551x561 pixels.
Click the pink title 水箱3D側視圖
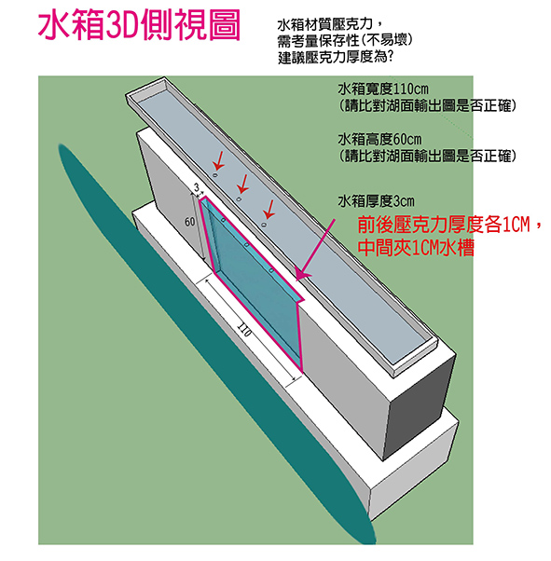pyautogui.click(x=139, y=26)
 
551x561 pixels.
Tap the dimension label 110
pyautogui.click(x=244, y=331)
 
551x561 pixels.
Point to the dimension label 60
pyautogui.click(x=190, y=222)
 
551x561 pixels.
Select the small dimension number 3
pyautogui.click(x=196, y=187)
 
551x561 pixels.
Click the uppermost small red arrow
pyautogui.click(x=218, y=160)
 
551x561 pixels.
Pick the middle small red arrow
pyautogui.click(x=242, y=184)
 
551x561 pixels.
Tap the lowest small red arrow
pyautogui.click(x=269, y=210)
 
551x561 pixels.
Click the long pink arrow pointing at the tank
pyautogui.click(x=315, y=250)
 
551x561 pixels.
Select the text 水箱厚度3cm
pyautogui.click(x=376, y=201)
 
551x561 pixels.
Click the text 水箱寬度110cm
pyautogui.click(x=383, y=89)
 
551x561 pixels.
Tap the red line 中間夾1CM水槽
pyautogui.click(x=416, y=248)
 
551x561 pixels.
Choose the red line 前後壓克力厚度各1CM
pyautogui.click(x=444, y=225)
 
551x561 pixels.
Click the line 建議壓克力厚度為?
pyautogui.click(x=336, y=58)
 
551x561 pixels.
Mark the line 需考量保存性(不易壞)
pyautogui.click(x=345, y=41)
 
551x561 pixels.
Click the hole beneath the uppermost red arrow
pyautogui.click(x=214, y=175)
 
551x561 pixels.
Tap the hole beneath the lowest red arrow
pyautogui.click(x=264, y=225)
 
